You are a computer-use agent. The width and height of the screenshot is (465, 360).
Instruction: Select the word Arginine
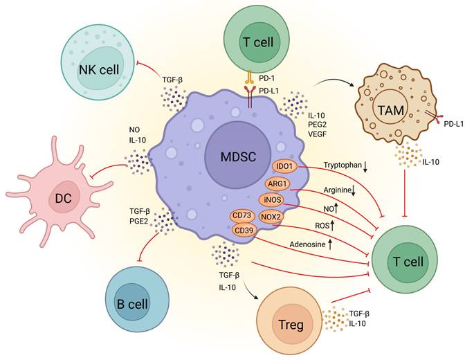[x=338, y=190]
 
